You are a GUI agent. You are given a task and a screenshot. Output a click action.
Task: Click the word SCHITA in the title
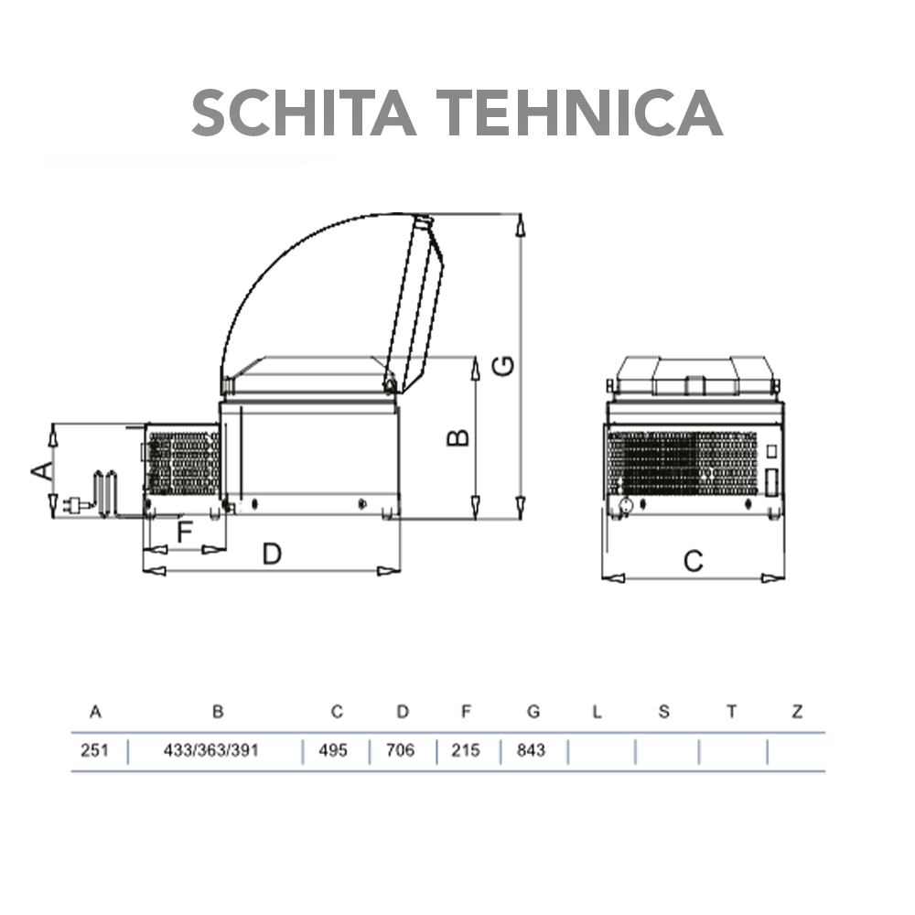coord(304,113)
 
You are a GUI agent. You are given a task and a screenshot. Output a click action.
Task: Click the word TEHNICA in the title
coord(579,113)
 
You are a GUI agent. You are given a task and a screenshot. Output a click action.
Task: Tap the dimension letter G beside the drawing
coord(503,366)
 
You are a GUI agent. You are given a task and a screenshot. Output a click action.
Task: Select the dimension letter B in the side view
coord(458,437)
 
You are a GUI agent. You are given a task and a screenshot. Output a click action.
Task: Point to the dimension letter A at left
coord(42,470)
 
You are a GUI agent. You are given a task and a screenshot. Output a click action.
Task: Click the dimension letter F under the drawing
coord(185,531)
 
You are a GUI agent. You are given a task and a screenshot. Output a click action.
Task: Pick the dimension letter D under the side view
coord(272,554)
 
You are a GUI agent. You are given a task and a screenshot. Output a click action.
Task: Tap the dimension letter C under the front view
coord(694,562)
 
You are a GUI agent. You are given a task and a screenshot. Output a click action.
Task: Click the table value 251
coord(94,750)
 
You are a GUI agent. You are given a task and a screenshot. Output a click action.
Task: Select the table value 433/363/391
coord(211,750)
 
